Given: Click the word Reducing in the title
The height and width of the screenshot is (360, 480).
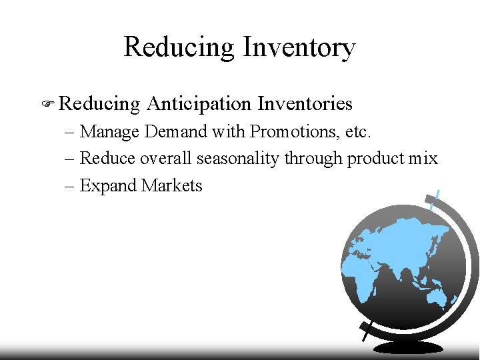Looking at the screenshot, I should pyautogui.click(x=179, y=48).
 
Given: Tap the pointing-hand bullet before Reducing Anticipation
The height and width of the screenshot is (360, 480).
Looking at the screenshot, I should pyautogui.click(x=48, y=104).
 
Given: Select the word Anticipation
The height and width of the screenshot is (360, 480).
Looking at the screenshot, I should pyautogui.click(x=199, y=104).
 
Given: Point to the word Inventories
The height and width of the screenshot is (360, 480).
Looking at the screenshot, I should pyautogui.click(x=305, y=104).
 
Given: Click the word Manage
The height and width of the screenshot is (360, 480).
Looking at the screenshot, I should pyautogui.click(x=109, y=132).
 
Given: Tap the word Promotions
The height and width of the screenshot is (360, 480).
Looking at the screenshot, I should pyautogui.click(x=293, y=132).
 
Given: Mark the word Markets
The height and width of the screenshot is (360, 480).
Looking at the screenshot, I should pyautogui.click(x=171, y=185).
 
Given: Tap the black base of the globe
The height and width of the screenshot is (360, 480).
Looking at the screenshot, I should pyautogui.click(x=408, y=347).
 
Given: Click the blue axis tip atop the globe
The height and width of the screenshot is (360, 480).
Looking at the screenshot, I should pyautogui.click(x=435, y=199).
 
